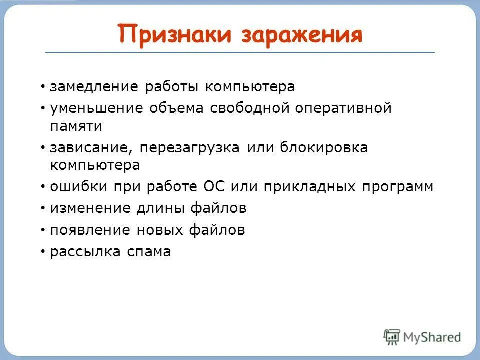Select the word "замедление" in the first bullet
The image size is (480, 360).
[94, 86]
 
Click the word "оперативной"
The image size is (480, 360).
[343, 108]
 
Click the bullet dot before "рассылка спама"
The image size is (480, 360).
[43, 252]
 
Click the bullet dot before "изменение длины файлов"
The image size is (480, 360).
[43, 208]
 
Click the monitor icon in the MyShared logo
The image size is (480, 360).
[392, 336]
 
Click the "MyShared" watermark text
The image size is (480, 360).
[432, 337]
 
